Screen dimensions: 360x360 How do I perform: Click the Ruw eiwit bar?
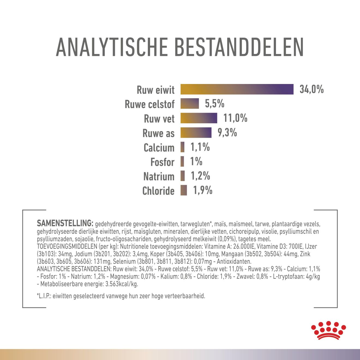[x=237, y=89]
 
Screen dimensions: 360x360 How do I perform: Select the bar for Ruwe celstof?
[x=190, y=104]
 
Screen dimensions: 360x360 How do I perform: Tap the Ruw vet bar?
[x=199, y=118]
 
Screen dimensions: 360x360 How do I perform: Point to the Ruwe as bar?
[x=196, y=133]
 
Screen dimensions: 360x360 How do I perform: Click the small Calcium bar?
[x=182, y=147]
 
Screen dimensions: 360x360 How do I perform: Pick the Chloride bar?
[x=184, y=190]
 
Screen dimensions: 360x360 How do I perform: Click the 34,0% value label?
[x=311, y=89]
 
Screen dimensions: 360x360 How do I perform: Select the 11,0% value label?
[x=235, y=118]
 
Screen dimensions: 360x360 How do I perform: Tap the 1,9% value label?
[x=203, y=190]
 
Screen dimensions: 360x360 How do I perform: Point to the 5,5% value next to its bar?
[x=215, y=104]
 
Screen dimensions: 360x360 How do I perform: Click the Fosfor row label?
[x=162, y=162]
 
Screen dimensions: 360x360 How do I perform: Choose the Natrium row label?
[x=159, y=176]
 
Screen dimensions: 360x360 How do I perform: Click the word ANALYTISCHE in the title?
[x=112, y=47]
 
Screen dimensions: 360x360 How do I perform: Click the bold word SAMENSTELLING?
[x=65, y=223]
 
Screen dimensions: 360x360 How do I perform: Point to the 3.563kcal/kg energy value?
[x=120, y=284]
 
